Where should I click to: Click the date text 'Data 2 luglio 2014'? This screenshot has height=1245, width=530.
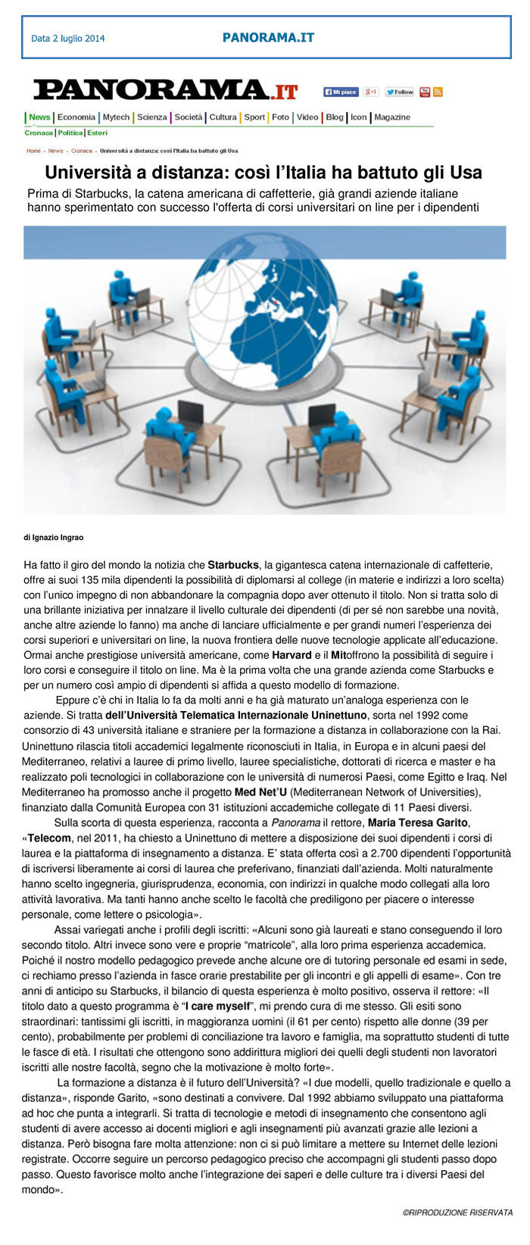click(x=68, y=39)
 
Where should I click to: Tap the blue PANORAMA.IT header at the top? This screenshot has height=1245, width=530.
click(x=268, y=37)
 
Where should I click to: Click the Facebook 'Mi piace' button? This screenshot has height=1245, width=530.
click(x=341, y=92)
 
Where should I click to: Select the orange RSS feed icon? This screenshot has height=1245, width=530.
click(x=438, y=92)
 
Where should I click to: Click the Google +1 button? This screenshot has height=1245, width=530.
click(x=371, y=92)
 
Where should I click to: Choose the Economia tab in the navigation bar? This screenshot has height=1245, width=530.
click(x=76, y=117)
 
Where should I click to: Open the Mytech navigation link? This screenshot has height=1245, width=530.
click(x=116, y=117)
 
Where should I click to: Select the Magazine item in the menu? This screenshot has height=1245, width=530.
click(x=392, y=117)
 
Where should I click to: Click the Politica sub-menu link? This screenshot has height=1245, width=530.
click(x=70, y=133)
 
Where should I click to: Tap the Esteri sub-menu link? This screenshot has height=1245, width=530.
click(x=97, y=133)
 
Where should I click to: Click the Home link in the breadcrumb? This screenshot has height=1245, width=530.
click(x=33, y=151)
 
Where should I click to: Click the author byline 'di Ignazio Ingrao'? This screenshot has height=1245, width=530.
click(x=54, y=538)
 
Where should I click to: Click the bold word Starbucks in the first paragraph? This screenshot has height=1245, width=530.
click(x=233, y=565)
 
